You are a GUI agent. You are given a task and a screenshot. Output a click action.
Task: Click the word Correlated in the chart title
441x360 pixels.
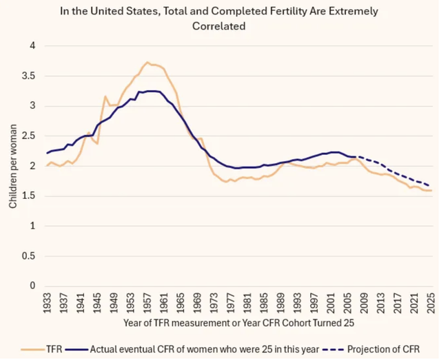[219, 26]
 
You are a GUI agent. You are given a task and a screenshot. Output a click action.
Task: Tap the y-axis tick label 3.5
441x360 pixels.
[28, 76]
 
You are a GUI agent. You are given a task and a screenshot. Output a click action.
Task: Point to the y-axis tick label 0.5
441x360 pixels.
[28, 256]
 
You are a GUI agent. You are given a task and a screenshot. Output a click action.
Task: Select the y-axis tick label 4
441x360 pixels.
[32, 46]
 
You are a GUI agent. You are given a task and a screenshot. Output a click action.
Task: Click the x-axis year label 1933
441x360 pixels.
[47, 303]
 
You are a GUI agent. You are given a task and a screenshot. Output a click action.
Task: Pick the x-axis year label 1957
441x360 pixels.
[147, 303]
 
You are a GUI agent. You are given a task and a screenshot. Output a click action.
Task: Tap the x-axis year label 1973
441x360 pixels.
[214, 303]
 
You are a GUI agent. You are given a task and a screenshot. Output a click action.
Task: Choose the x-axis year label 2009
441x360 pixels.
[364, 303]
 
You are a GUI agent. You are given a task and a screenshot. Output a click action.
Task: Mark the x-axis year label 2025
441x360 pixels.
[431, 303]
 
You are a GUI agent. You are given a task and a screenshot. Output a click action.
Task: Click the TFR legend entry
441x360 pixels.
[41, 349]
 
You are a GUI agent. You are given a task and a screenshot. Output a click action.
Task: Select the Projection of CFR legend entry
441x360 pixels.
[371, 349]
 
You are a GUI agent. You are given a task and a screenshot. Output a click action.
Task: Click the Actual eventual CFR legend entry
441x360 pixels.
[192, 349]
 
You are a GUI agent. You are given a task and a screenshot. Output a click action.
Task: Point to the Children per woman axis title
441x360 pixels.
[13, 167]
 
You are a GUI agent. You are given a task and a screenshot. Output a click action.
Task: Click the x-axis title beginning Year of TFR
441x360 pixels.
[239, 323]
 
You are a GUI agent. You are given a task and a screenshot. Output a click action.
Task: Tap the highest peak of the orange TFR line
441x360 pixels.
[147, 62]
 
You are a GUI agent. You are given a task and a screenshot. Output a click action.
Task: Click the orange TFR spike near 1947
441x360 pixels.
[105, 96]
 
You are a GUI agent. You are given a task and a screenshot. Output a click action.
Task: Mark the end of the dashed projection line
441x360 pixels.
[429, 186]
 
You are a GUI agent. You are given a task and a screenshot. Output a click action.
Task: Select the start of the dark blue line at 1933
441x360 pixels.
[48, 153]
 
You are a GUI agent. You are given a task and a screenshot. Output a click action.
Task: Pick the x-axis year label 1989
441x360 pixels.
[280, 303]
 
